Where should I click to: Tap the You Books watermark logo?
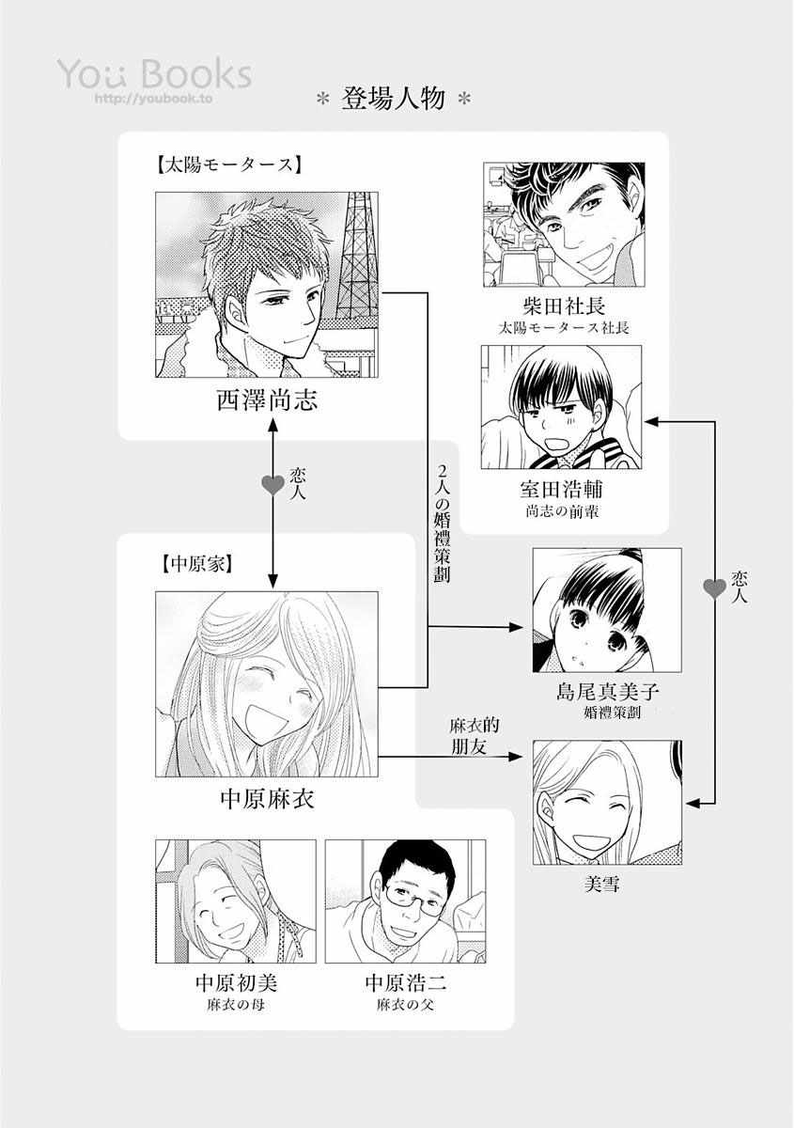(x=154, y=74)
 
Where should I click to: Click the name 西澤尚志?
(x=267, y=402)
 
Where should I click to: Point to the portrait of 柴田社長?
(x=563, y=224)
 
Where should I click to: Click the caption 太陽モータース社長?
(x=563, y=328)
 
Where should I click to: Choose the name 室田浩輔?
(x=561, y=490)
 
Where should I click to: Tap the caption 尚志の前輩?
(x=561, y=512)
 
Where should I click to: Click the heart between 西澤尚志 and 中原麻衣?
(x=272, y=485)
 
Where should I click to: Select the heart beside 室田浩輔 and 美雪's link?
(x=715, y=589)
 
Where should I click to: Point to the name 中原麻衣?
(x=267, y=800)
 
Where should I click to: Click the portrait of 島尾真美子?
(x=606, y=610)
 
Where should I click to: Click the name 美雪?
(x=606, y=885)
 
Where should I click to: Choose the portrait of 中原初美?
(x=232, y=901)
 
